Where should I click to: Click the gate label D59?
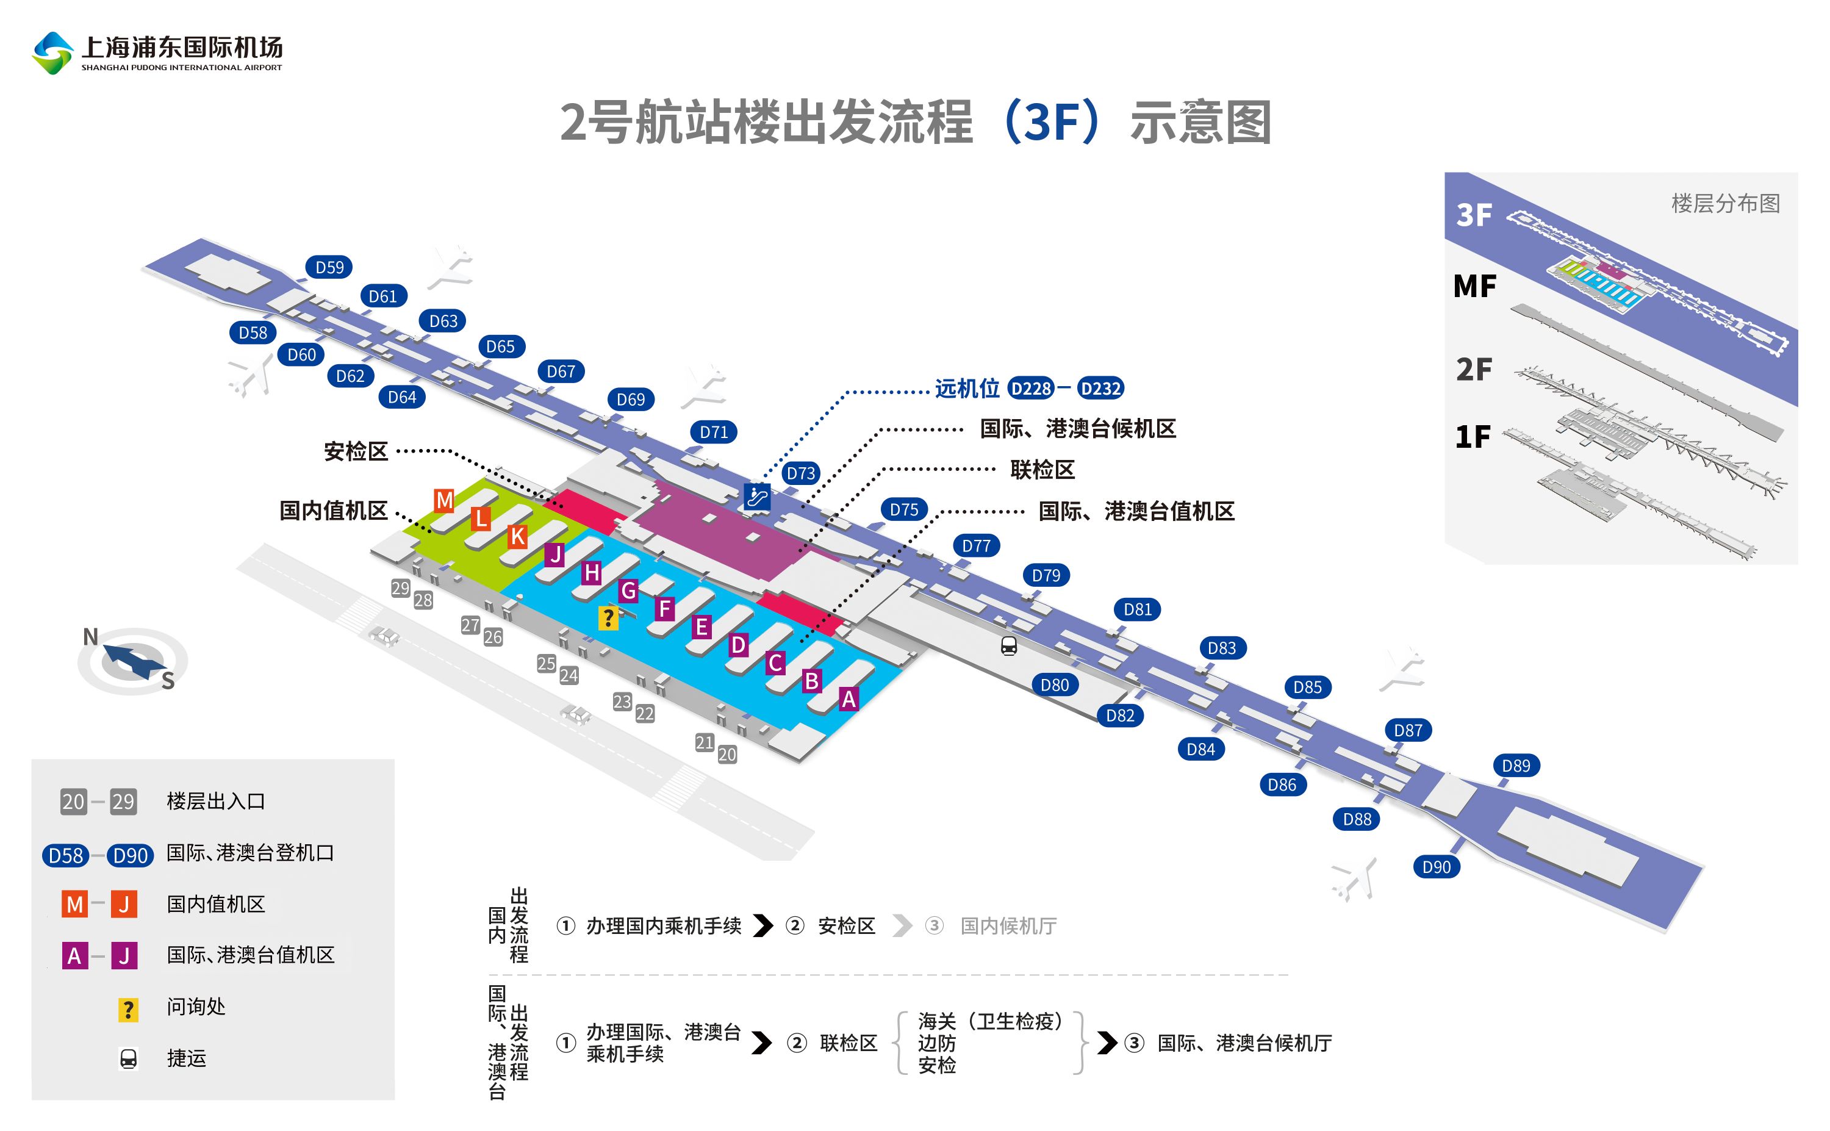click(x=329, y=267)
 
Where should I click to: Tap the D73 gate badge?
click(x=800, y=473)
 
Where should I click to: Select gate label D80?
click(x=1055, y=684)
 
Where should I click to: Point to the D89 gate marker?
click(x=1516, y=765)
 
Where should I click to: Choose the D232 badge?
click(x=1101, y=388)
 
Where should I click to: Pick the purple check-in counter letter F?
click(x=665, y=609)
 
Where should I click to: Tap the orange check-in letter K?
click(x=517, y=536)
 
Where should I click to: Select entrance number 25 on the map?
click(x=546, y=662)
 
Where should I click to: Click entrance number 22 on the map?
click(x=645, y=713)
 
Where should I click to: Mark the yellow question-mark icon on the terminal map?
click(x=608, y=618)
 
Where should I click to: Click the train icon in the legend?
click(x=129, y=1058)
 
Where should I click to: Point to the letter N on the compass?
click(x=90, y=636)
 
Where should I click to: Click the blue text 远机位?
click(x=966, y=388)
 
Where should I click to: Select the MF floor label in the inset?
click(x=1474, y=285)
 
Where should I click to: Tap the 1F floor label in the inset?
click(x=1472, y=436)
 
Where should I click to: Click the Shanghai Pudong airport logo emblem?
click(x=52, y=52)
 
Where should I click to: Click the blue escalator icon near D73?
click(x=757, y=496)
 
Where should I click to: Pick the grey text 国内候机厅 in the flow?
click(x=1008, y=926)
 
